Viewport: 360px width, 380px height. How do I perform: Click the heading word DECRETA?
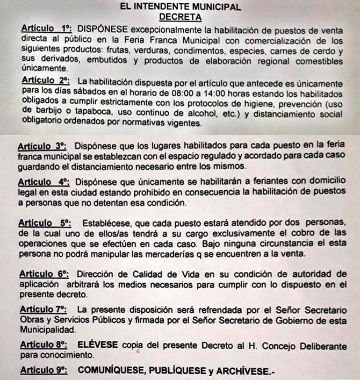(x=179, y=17)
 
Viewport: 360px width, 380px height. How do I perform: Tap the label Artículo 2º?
(x=45, y=81)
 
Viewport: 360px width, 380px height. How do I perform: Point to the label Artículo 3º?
(x=41, y=146)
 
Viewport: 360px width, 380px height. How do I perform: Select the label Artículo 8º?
(x=43, y=345)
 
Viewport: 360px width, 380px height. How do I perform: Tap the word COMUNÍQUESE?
(x=111, y=370)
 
